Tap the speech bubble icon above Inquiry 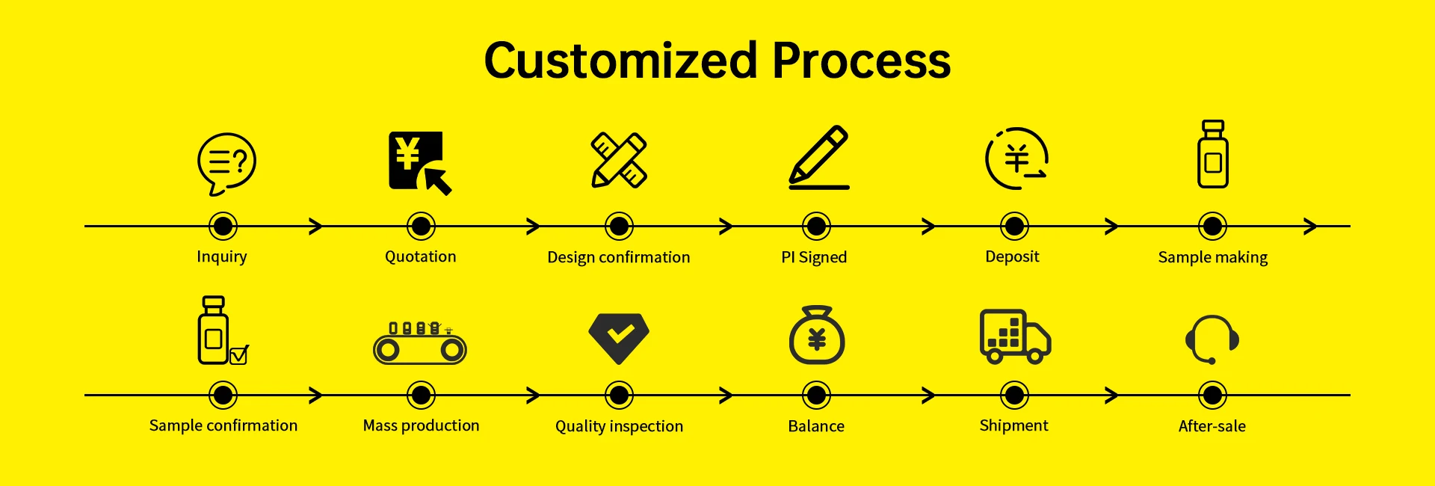(x=226, y=163)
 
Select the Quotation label (x=420, y=256)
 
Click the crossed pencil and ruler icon (x=619, y=160)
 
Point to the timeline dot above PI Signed (x=816, y=226)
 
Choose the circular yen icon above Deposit (x=1016, y=159)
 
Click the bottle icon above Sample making (x=1212, y=155)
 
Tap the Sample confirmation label (x=223, y=425)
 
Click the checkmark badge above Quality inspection (x=619, y=336)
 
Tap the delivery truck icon (x=1015, y=336)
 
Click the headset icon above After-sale (x=1212, y=339)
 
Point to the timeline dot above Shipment (x=1014, y=395)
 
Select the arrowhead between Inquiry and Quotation (x=317, y=226)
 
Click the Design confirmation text (x=618, y=257)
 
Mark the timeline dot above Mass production (x=421, y=395)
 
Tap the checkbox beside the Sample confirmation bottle (x=239, y=354)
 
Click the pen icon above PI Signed (x=820, y=156)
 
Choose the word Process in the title (x=861, y=61)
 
